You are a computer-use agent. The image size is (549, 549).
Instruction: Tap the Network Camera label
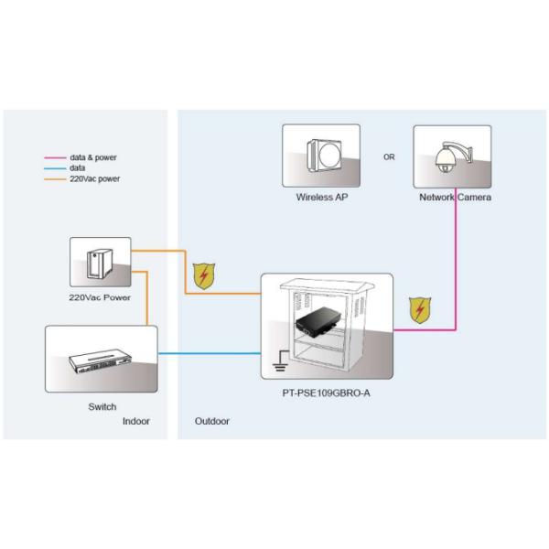coord(455,197)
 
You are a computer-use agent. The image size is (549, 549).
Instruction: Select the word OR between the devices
coord(389,156)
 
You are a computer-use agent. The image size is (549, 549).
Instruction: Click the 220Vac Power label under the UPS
coord(100,298)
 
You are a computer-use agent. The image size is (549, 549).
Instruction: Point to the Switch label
coord(102,406)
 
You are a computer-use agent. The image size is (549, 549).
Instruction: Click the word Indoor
coord(136,421)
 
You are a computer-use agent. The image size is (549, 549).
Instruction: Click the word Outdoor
coord(212,421)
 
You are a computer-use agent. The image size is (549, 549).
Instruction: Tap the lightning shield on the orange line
coord(204,274)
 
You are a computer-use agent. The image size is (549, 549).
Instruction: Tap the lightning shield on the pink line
coord(420,310)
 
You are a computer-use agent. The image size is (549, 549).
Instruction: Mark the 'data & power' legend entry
coord(92,158)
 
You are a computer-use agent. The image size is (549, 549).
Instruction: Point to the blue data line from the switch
coord(210,353)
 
